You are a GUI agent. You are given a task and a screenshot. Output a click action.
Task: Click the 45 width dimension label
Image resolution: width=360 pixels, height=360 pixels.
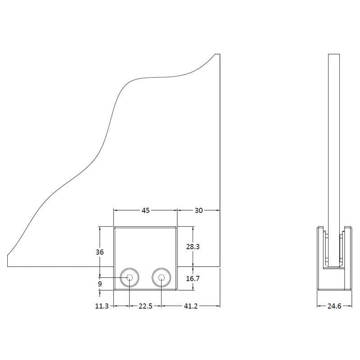click(x=145, y=210)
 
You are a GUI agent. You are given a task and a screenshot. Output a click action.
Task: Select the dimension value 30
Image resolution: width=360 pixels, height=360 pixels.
click(x=198, y=210)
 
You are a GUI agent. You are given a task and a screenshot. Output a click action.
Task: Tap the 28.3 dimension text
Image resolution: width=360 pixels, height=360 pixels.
click(x=193, y=247)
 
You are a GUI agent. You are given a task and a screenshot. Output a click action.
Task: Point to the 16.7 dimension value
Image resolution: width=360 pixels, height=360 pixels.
click(x=193, y=279)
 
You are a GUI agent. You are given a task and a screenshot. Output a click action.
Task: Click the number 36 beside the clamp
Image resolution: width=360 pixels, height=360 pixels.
click(x=99, y=252)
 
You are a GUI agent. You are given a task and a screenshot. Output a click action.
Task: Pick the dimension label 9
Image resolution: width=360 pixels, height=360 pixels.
click(x=100, y=284)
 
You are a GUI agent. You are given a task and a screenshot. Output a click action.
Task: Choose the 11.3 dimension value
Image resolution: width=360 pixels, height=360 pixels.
click(x=102, y=306)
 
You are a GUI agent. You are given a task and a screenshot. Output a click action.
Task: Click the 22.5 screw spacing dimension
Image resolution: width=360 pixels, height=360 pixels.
click(x=145, y=306)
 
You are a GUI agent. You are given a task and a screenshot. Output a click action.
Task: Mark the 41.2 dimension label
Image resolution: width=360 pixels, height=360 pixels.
click(x=190, y=306)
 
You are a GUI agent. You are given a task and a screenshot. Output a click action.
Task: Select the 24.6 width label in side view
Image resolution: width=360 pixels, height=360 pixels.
click(x=334, y=306)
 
